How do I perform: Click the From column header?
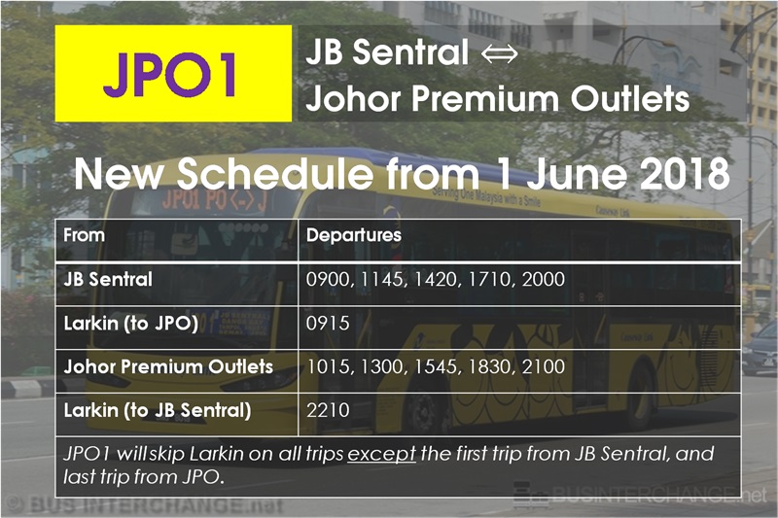pyautogui.click(x=85, y=235)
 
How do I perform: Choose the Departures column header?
pyautogui.click(x=353, y=235)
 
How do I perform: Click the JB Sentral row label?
pyautogui.click(x=108, y=279)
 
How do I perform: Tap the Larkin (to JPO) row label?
pyautogui.click(x=131, y=324)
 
